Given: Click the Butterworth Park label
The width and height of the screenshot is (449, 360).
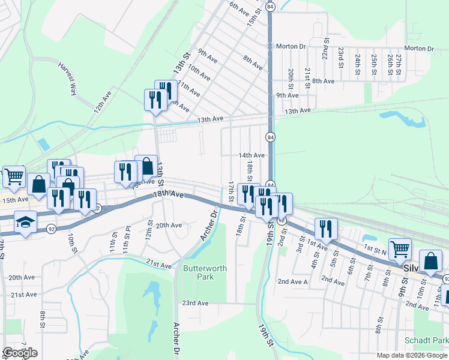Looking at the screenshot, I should point(205,273).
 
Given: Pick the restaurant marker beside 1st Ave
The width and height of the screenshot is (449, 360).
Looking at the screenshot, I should point(325,229).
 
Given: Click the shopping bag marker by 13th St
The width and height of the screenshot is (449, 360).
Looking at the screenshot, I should point(146,166).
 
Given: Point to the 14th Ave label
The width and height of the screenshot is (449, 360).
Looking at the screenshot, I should point(252,155).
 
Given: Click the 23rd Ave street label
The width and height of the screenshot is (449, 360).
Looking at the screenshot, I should point(195,303).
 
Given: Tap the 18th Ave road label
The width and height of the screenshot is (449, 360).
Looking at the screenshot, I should point(167,194).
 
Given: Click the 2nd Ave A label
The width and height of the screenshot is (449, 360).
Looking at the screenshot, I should point(292,281).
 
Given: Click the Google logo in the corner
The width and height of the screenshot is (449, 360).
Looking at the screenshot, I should point(20,353).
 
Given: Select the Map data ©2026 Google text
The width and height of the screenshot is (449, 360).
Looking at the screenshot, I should point(412,355).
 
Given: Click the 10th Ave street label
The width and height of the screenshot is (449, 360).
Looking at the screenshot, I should point(198,73).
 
